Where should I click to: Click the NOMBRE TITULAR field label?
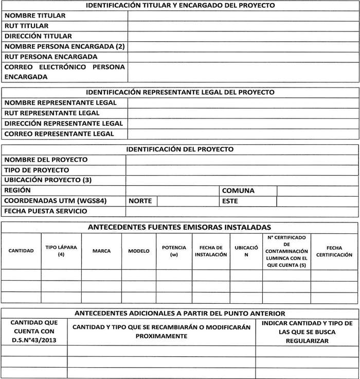35,15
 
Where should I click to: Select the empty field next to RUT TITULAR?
243,26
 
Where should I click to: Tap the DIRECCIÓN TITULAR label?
38,36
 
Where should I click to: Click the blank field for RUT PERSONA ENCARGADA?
243,57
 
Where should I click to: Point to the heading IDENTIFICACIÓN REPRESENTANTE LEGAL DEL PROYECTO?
180,92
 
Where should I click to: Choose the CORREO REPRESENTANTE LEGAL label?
59,134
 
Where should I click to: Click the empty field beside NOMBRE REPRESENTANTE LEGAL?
243,102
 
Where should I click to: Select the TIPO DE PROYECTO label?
37,170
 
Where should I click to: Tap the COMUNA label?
238,191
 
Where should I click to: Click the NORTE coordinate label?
140,201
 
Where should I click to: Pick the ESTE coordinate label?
230,201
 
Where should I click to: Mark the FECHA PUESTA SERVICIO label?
46,211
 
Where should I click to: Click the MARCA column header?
101,251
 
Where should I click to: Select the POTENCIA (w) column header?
174,251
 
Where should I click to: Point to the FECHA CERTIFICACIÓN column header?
334,251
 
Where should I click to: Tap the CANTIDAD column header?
21,251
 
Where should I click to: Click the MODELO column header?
139,251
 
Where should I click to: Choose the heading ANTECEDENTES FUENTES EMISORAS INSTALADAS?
180,227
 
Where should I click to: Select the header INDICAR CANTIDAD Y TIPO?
307,323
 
